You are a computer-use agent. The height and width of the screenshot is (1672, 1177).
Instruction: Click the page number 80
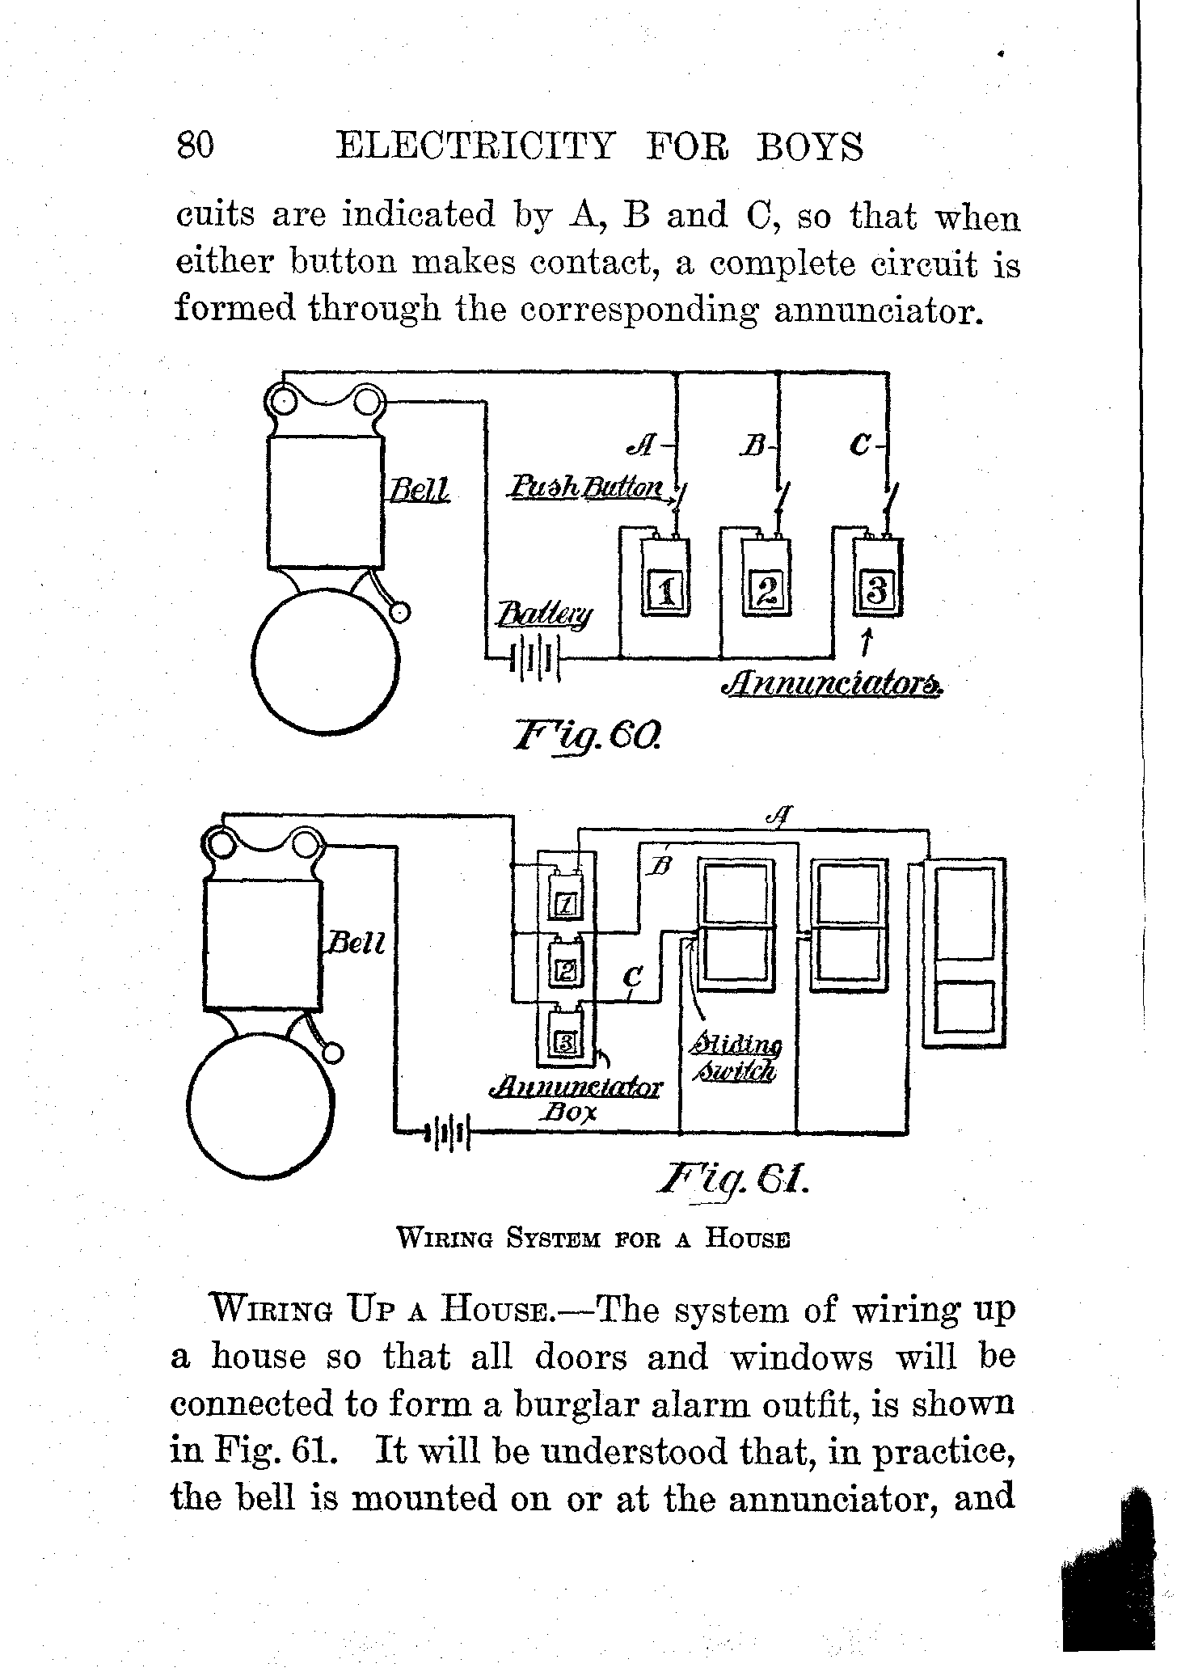tap(195, 146)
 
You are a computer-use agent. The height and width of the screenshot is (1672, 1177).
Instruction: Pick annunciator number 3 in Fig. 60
tap(876, 589)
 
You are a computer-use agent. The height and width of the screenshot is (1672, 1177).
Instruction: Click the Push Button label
tap(586, 487)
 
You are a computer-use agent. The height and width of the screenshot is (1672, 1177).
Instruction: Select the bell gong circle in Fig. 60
tap(326, 658)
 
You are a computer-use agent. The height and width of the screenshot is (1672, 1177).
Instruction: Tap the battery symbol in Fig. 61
tap(445, 1132)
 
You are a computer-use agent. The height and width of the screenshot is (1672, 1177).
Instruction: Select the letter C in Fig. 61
tap(633, 980)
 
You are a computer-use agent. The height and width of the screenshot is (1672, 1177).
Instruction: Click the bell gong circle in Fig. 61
tap(261, 1105)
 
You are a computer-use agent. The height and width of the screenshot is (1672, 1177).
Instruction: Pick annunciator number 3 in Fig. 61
tap(566, 1044)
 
